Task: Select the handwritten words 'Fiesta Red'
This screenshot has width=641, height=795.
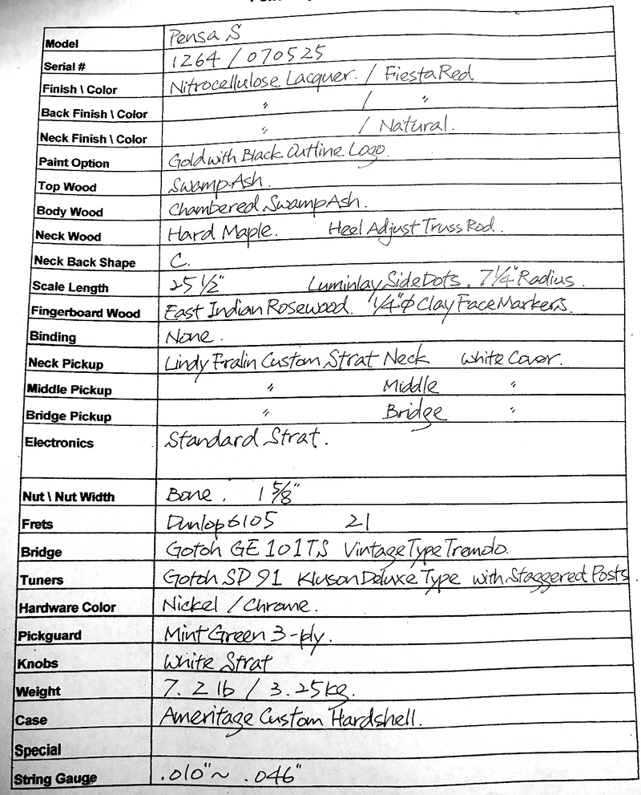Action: [x=429, y=75]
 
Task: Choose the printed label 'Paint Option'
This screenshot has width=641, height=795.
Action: [x=74, y=163]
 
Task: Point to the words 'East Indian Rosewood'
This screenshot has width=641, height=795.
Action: [x=257, y=308]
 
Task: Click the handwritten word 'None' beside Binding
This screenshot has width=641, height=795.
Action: [x=189, y=336]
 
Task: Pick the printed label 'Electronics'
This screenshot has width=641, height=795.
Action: [x=59, y=443]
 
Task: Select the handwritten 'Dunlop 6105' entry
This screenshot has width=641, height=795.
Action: [x=212, y=522]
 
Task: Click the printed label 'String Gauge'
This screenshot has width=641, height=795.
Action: [x=54, y=779]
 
